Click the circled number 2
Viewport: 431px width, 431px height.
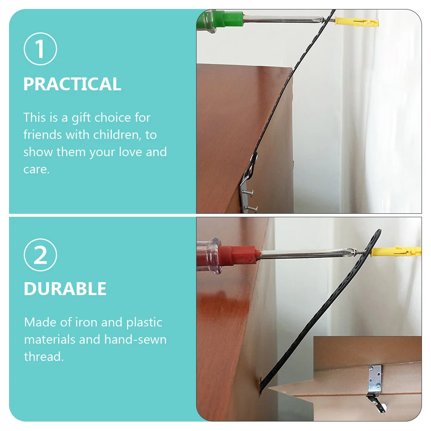pos(40,256)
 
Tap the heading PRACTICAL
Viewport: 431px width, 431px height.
pos(72,84)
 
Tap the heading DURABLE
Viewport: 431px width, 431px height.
pos(65,289)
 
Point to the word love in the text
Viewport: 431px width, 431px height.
pos(130,152)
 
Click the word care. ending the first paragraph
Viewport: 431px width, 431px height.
pos(36,169)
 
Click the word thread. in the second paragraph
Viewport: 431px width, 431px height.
pos(43,357)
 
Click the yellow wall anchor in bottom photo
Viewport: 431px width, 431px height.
pos(394,251)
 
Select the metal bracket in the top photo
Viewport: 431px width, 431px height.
pos(249,189)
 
